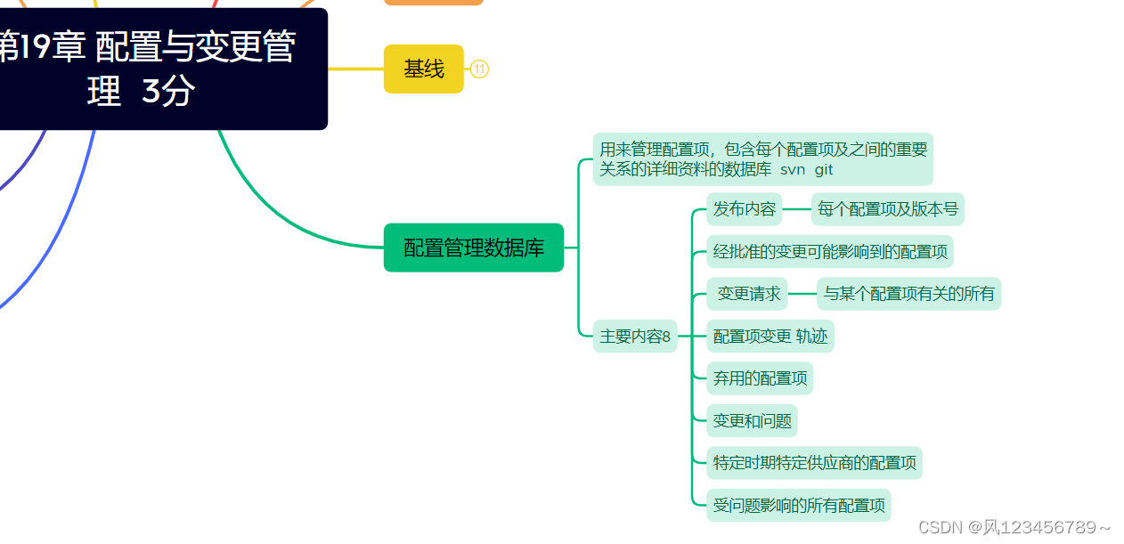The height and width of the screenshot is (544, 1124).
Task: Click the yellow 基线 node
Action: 424,69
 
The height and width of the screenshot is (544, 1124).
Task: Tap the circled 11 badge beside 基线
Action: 479,69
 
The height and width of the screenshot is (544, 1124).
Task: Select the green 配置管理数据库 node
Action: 474,248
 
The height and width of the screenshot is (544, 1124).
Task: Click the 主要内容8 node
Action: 635,337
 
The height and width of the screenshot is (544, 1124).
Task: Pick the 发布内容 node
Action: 745,210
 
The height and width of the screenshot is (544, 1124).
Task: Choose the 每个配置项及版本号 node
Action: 887,210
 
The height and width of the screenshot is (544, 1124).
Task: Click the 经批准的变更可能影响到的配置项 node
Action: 830,252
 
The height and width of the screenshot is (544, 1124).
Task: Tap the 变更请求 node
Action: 748,294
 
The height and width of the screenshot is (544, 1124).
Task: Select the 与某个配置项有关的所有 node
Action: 908,294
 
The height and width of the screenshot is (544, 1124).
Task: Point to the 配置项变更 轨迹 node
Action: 770,337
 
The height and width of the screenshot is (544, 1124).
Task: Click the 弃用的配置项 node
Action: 760,378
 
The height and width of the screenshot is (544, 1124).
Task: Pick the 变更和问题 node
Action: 753,421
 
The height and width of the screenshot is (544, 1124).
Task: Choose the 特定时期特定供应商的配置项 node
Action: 814,463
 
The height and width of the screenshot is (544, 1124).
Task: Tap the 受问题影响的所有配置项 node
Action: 799,506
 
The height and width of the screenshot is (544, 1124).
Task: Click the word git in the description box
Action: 824,170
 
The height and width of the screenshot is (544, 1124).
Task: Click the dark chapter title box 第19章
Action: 151,69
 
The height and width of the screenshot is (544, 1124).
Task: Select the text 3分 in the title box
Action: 167,92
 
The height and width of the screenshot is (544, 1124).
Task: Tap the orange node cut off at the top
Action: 434,2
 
